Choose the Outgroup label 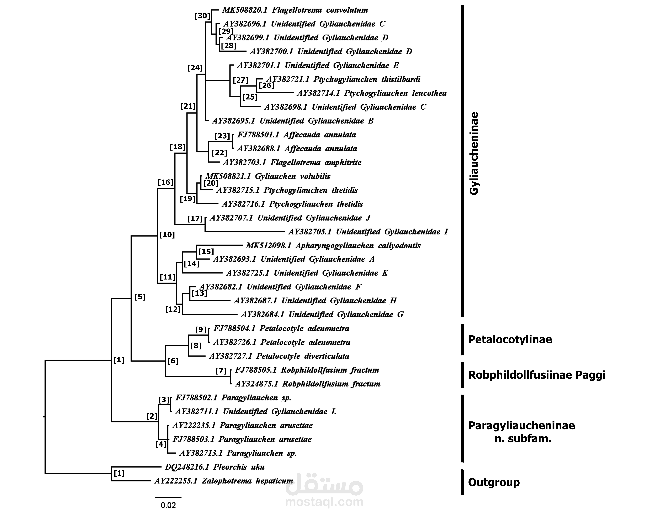[494, 482]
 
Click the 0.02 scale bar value [168, 505]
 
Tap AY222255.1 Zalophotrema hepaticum [224, 481]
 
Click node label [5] [140, 297]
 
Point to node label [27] [241, 80]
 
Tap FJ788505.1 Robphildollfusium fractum [307, 370]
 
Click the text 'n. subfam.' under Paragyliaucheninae [523, 439]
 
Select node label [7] [221, 371]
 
